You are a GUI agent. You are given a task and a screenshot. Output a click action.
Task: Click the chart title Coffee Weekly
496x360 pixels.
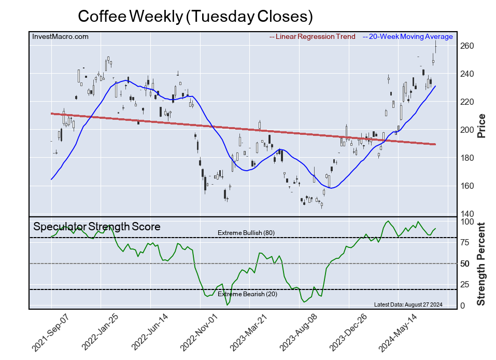point(195,17)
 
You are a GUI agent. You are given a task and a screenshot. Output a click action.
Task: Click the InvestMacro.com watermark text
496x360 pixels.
point(60,37)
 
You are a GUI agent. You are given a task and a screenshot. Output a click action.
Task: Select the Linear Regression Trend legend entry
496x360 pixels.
point(313,37)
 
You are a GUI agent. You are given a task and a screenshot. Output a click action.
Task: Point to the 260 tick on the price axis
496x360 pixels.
point(467,46)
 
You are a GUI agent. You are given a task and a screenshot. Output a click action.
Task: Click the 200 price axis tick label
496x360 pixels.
point(467,130)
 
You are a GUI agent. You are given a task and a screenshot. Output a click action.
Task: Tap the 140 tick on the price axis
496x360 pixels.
point(467,214)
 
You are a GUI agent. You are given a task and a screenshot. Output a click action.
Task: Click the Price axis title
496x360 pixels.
point(481,126)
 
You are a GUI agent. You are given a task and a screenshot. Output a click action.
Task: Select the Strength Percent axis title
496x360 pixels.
point(481,264)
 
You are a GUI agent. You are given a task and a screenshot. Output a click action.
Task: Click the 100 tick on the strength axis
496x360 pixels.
point(467,221)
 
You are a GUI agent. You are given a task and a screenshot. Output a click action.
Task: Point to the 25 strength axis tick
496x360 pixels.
point(465,285)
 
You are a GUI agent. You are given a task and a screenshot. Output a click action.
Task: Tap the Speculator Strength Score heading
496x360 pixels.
point(97,227)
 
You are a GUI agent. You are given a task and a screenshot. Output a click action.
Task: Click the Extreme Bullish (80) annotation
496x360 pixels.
point(246,233)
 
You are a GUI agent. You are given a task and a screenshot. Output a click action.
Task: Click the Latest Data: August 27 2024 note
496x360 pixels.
point(408,304)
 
